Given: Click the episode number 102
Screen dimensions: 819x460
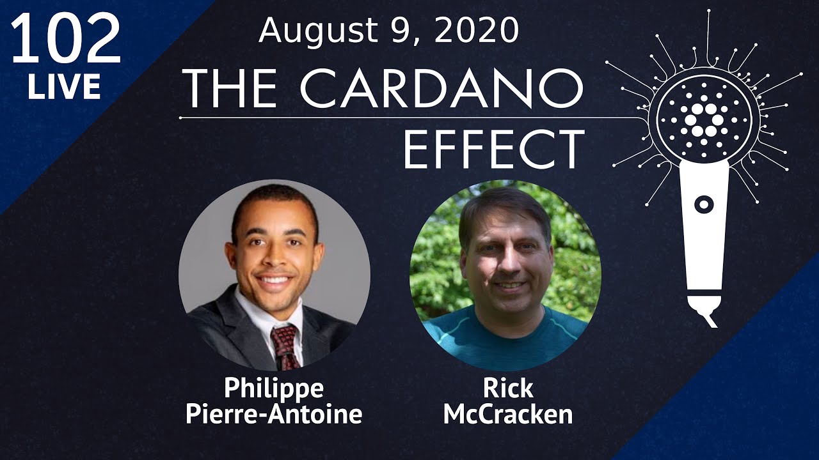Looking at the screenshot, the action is [66, 39].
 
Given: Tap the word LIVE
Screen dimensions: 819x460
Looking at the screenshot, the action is [64, 86].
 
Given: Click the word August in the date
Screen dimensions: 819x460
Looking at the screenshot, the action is [318, 32].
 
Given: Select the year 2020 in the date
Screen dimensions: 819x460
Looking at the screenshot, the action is [477, 31].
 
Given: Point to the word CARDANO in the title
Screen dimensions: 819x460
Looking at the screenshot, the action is [441, 89].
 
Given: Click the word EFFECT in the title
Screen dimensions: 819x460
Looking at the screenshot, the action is [494, 149].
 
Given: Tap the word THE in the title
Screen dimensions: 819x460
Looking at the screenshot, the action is [230, 89].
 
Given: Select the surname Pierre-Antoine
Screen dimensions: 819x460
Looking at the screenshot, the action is [274, 414].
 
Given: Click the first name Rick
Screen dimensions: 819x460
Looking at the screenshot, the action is [508, 388].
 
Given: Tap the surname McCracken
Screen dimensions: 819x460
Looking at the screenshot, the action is [508, 414].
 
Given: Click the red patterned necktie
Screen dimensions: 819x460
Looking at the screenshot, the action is [285, 347].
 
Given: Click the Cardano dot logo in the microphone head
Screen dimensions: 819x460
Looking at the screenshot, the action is [704, 119].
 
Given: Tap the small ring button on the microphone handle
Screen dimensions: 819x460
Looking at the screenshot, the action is [704, 204].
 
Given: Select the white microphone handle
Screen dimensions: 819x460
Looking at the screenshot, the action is [704, 234].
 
